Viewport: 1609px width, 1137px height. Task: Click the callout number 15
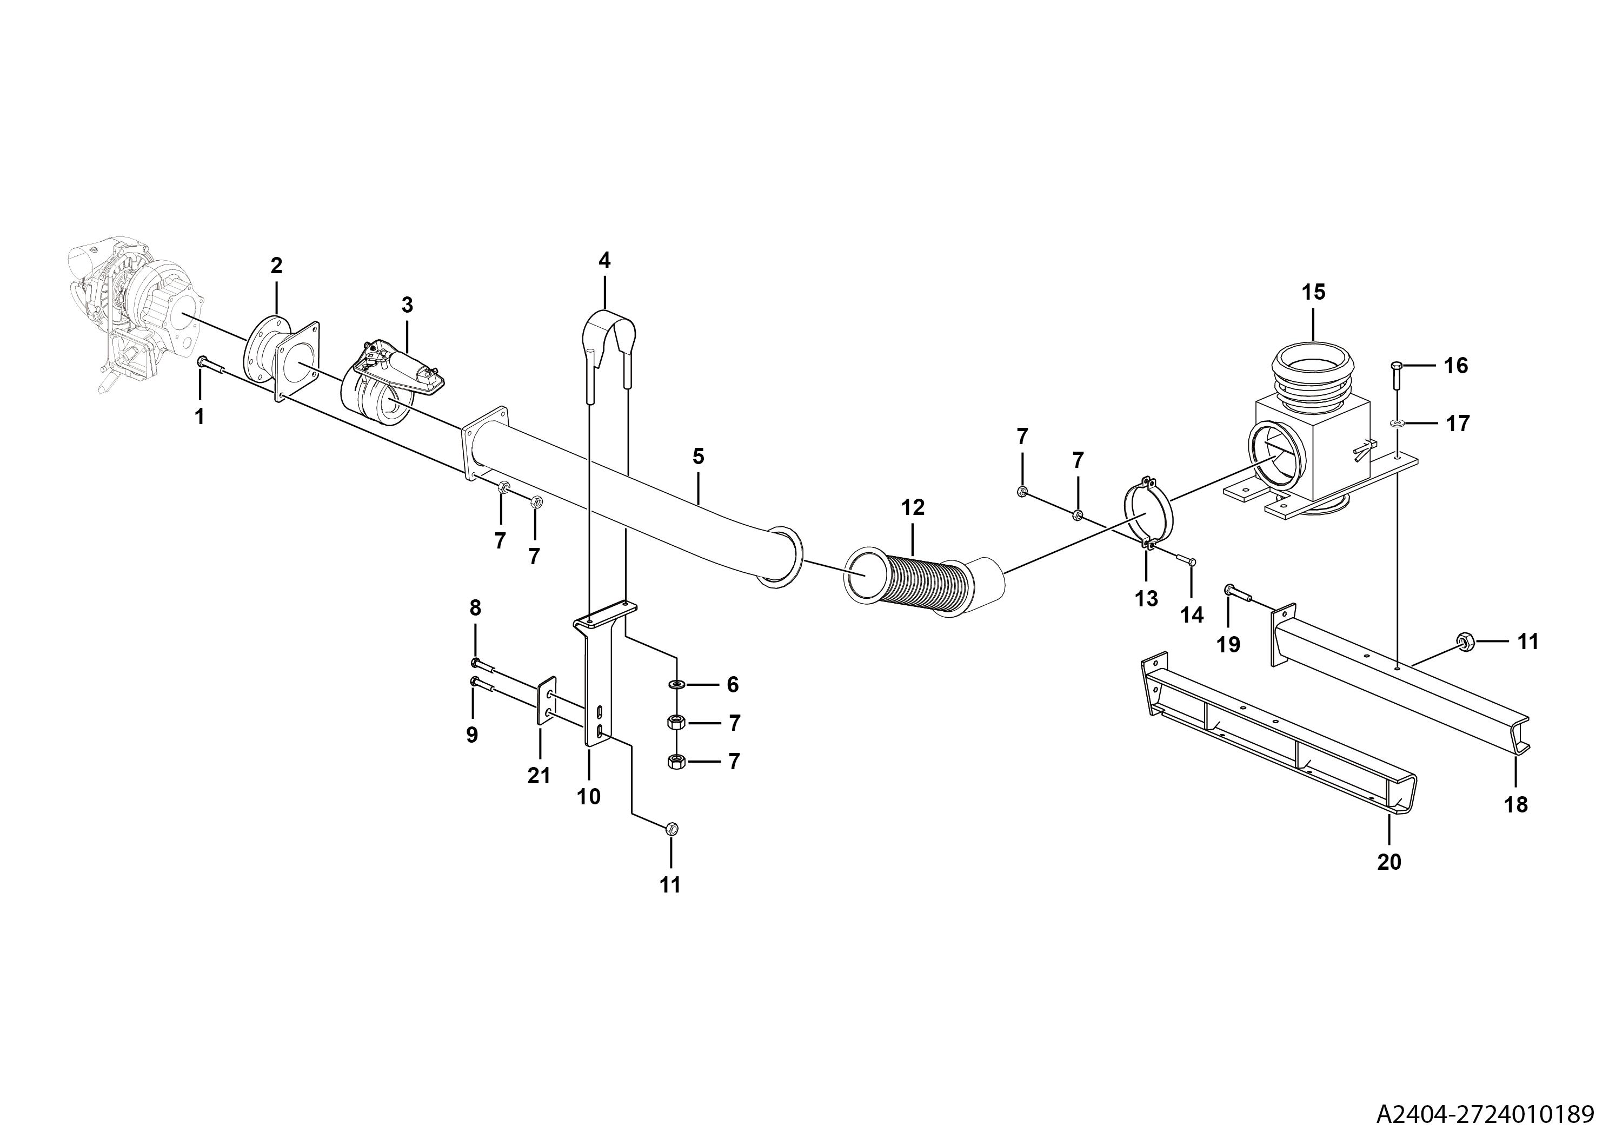pyautogui.click(x=1314, y=292)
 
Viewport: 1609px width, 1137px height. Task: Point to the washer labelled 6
pyautogui.click(x=677, y=684)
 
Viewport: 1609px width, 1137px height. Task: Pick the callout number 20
pyautogui.click(x=1389, y=862)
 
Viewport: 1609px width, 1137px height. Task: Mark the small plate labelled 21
pyautogui.click(x=546, y=702)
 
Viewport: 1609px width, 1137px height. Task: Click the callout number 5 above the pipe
pyautogui.click(x=698, y=457)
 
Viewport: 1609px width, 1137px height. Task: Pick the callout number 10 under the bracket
pyautogui.click(x=589, y=797)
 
